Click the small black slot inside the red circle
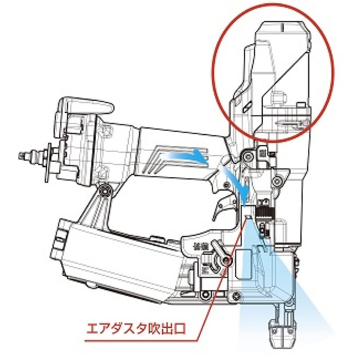pyautogui.click(x=245, y=107)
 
